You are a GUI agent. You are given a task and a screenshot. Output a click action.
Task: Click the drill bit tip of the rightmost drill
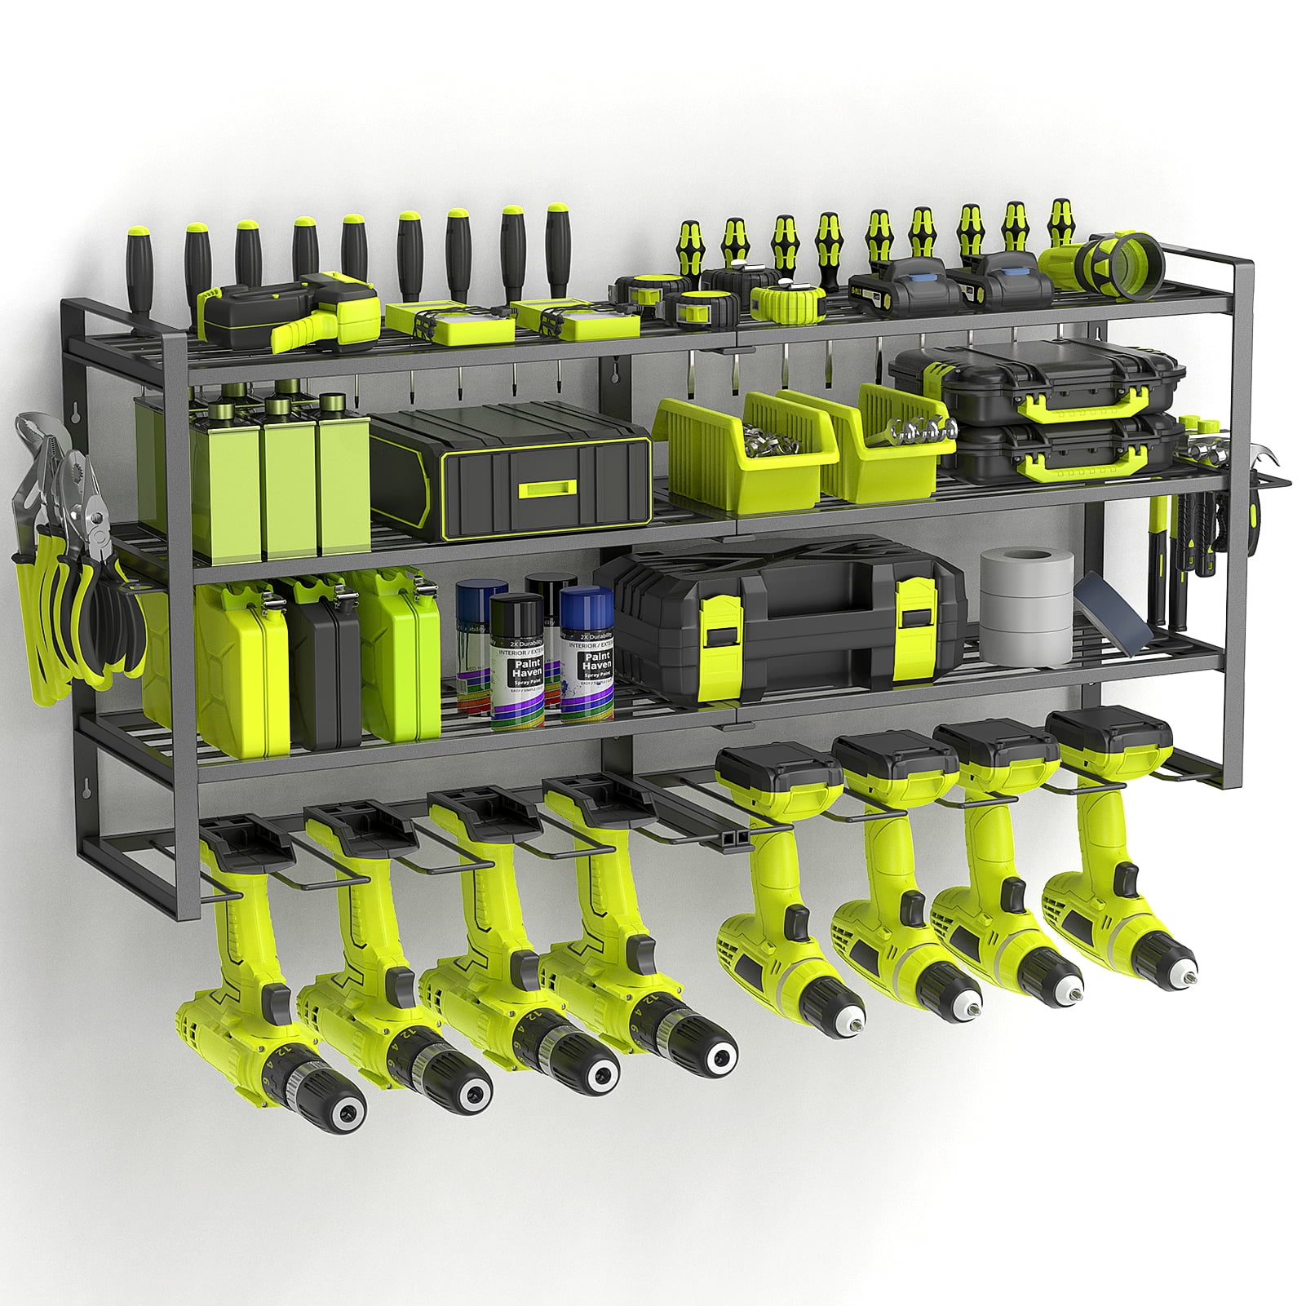click(x=1193, y=976)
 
